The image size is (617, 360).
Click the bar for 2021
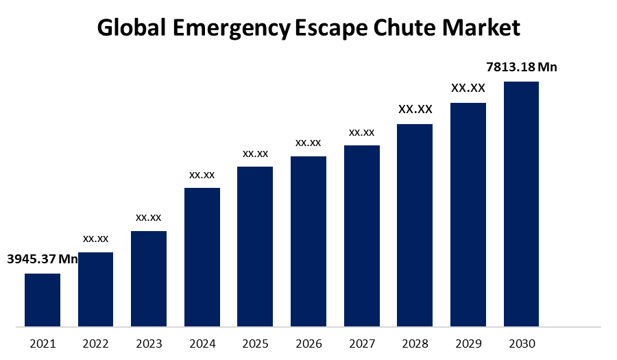tap(43, 300)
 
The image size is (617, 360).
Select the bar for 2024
tap(202, 256)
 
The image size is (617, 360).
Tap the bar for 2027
tap(362, 235)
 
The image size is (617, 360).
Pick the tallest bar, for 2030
tap(521, 204)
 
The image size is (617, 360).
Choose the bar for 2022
tap(95, 289)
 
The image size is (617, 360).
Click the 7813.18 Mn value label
tap(521, 67)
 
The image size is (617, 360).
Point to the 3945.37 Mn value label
tap(43, 259)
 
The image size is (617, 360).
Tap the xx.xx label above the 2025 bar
tap(255, 153)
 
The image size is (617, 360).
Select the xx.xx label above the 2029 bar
tap(468, 88)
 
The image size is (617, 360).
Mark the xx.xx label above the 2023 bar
tap(149, 217)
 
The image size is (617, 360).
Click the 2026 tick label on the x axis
tap(308, 344)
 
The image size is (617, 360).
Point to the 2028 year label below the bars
tap(415, 344)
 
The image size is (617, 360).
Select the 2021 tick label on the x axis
tap(43, 344)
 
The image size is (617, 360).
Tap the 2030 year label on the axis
tap(521, 344)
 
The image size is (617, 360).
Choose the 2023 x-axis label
tap(149, 344)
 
